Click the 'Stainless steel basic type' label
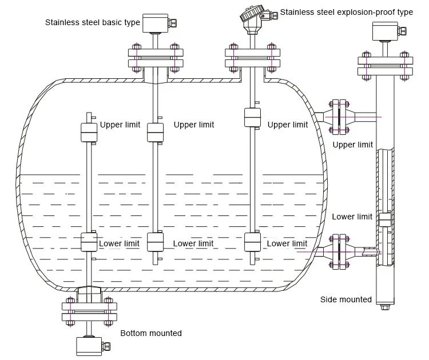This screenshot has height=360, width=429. click(x=92, y=23)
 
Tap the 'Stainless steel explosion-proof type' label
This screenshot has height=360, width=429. click(x=346, y=12)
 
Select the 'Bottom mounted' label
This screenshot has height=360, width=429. click(x=150, y=333)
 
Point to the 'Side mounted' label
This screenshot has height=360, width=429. click(x=345, y=299)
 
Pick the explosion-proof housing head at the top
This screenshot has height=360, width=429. click(x=253, y=19)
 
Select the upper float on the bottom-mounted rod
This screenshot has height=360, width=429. click(x=88, y=132)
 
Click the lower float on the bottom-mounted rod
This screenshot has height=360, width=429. click(x=88, y=242)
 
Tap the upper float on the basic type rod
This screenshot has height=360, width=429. click(x=156, y=132)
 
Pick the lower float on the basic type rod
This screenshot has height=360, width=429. click(x=156, y=242)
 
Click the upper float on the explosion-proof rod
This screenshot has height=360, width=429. click(x=253, y=117)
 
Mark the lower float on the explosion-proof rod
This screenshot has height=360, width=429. click(x=253, y=242)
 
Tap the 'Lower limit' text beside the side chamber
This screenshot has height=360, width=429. click(x=352, y=217)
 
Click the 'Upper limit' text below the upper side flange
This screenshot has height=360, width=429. click(x=352, y=145)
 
